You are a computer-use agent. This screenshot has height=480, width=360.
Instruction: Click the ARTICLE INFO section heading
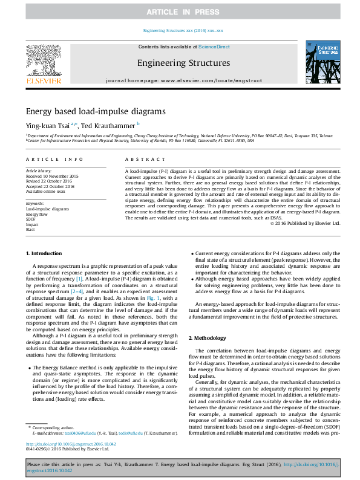click(54, 159)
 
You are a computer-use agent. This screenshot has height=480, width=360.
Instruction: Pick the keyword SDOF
click(31, 219)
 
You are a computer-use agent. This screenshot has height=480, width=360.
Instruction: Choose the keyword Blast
click(31, 229)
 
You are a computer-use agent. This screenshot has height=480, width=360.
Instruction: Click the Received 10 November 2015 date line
click(52, 175)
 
